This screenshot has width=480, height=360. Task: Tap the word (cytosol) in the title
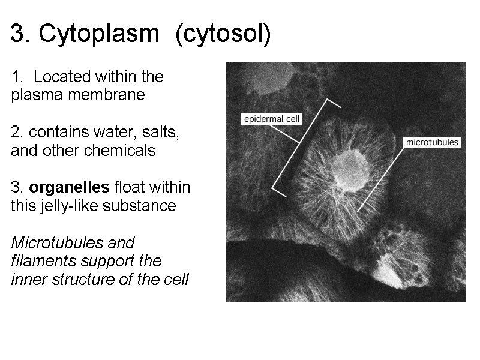[223, 35]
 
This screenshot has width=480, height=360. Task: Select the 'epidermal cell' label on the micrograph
[271, 119]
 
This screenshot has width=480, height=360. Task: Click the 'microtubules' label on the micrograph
[432, 143]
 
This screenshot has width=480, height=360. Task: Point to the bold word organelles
[69, 187]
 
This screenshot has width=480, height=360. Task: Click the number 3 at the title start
[17, 35]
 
